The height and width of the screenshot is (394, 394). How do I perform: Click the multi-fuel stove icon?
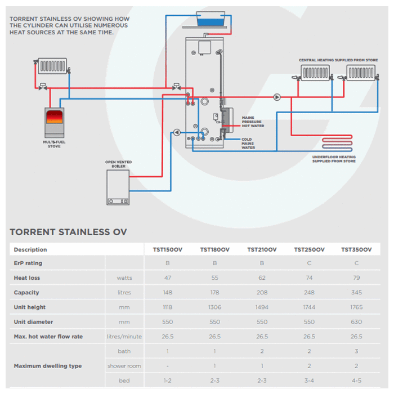(x=54, y=122)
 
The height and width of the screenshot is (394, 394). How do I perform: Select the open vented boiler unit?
(x=118, y=187)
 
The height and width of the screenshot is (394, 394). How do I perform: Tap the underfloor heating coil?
(x=336, y=144)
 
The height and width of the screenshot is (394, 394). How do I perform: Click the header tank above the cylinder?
(x=212, y=20)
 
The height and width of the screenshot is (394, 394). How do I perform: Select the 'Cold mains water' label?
(x=248, y=143)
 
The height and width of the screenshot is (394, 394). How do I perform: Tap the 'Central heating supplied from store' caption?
(x=338, y=60)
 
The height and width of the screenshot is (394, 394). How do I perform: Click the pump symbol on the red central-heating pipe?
(x=277, y=97)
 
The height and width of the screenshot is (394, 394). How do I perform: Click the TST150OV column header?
(x=167, y=249)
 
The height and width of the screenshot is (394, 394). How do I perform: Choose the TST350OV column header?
(x=356, y=249)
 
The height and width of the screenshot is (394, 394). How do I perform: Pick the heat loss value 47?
(x=167, y=278)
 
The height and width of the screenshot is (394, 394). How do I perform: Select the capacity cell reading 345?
(x=356, y=293)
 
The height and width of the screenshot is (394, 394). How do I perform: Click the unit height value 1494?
(x=262, y=307)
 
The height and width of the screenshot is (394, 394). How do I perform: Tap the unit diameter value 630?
(x=356, y=322)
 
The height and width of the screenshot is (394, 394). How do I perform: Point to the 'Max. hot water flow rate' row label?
(x=48, y=337)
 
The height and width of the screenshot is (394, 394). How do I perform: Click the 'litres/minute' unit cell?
(x=124, y=337)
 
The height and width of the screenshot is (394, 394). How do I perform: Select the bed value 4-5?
(x=356, y=380)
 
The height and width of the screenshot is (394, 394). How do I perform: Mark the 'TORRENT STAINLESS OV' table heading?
(x=68, y=232)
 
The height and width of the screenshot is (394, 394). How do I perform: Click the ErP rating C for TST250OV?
(x=309, y=263)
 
